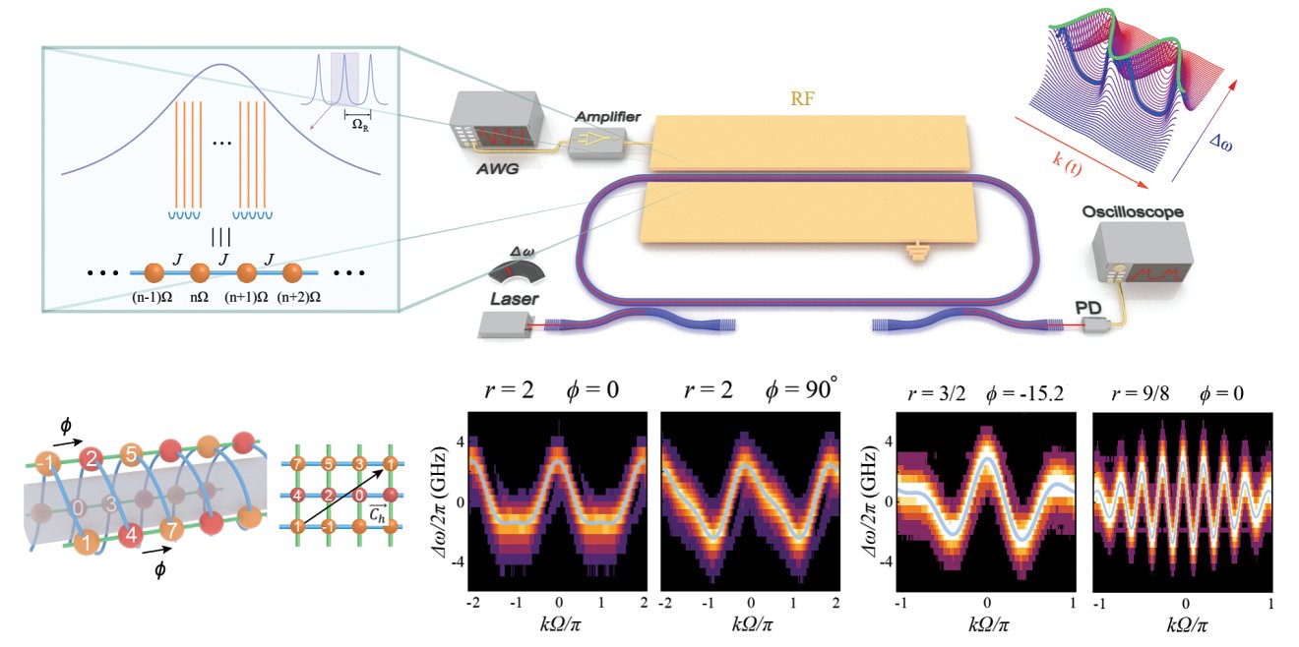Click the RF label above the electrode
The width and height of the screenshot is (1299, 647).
802,99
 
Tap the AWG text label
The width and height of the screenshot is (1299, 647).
498,169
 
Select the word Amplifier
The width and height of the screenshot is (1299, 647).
608,116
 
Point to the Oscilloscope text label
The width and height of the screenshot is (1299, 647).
1133,212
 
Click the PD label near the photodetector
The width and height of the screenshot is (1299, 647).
1088,308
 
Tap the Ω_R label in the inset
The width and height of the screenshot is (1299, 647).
360,125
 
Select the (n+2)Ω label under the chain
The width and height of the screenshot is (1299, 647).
298,297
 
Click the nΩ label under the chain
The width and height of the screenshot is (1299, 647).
199,297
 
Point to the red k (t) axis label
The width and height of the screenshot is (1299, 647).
1067,165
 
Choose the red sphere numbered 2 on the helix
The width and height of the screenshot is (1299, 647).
91,459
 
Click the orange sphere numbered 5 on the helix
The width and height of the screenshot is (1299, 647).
132,454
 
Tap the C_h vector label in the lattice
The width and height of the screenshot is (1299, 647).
377,513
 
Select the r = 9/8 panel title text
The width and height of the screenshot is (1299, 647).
1141,394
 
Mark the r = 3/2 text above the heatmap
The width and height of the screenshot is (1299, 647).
937,394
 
